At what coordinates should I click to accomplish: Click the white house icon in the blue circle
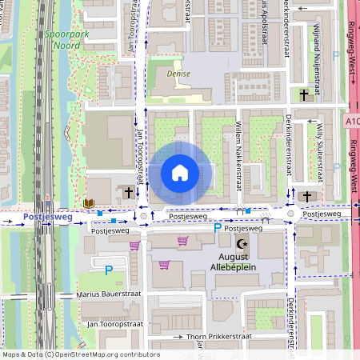180,173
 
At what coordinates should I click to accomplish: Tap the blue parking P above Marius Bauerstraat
109,270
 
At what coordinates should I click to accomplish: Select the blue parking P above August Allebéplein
218,229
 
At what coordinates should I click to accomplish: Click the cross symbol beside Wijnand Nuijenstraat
304,95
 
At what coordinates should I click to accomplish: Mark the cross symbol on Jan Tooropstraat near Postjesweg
129,192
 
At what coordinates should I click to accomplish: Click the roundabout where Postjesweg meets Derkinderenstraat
291,214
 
